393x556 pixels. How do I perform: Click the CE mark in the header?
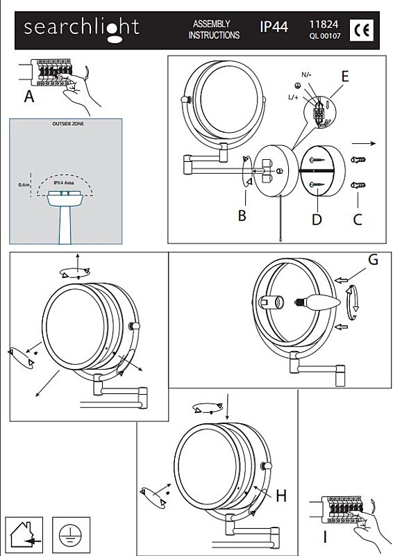pyautogui.click(x=362, y=30)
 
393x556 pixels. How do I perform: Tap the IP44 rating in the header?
pyautogui.click(x=274, y=27)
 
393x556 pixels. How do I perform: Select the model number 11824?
pyautogui.click(x=324, y=24)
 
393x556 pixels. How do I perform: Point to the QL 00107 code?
pyautogui.click(x=325, y=36)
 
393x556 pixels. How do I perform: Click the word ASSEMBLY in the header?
pyautogui.click(x=212, y=24)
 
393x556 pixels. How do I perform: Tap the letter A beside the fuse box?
pyautogui.click(x=29, y=97)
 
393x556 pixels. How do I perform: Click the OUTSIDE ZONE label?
pyautogui.click(x=68, y=124)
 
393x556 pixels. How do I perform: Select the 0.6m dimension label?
pyautogui.click(x=24, y=185)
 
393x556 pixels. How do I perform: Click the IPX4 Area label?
pyautogui.click(x=64, y=183)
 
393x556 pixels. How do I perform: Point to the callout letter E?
pyautogui.click(x=345, y=76)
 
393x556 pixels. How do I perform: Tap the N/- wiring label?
pyautogui.click(x=306, y=74)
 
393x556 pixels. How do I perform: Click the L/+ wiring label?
pyautogui.click(x=294, y=97)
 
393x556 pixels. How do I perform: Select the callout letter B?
pyautogui.click(x=242, y=215)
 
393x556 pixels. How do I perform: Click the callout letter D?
pyautogui.click(x=317, y=220)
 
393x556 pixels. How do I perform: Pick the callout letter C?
pyautogui.click(x=358, y=220)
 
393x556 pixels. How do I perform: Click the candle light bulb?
pyautogui.click(x=317, y=302)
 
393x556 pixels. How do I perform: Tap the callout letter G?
pyautogui.click(x=373, y=260)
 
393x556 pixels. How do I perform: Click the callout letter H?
pyautogui.click(x=281, y=496)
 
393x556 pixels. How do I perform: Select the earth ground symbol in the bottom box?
pyautogui.click(x=71, y=535)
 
